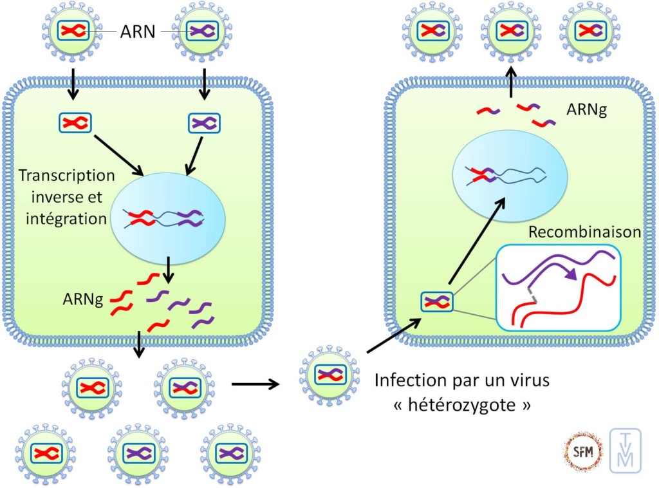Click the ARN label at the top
138,31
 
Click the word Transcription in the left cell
67,175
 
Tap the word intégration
66,218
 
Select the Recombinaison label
584,232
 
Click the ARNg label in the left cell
84,299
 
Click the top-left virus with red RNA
71,31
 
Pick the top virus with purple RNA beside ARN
202,31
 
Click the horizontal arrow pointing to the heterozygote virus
255,384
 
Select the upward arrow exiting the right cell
511,82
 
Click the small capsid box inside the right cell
437,301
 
